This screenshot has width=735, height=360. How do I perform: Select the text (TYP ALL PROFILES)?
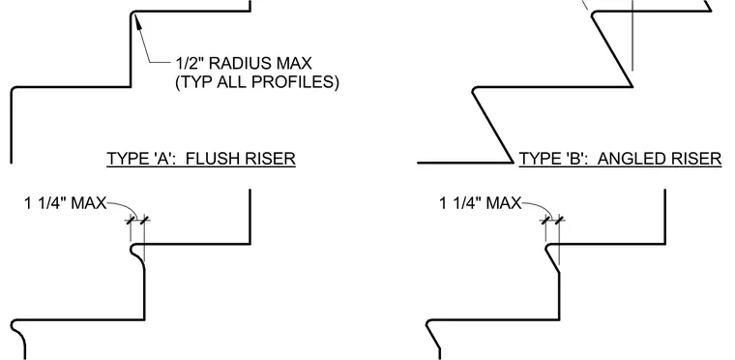click(x=257, y=82)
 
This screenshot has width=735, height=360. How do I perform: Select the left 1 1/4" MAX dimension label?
click(x=66, y=203)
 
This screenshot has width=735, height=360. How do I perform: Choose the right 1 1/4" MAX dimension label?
click(x=481, y=203)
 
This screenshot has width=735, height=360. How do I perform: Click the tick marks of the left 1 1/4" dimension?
click(x=137, y=220)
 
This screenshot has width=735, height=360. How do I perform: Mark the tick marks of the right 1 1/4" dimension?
click(x=552, y=220)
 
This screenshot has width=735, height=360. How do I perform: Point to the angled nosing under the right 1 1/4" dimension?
click(x=552, y=257)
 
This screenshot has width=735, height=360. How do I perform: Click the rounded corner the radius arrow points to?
click(x=133, y=15)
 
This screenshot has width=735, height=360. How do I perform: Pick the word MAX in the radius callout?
click(x=296, y=63)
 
